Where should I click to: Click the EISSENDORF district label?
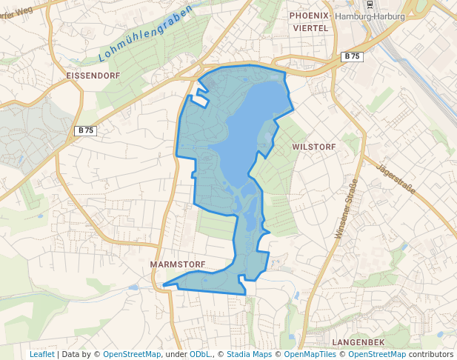93,76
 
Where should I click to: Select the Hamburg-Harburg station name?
370,16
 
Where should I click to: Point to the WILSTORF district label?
314,147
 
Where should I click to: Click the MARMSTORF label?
176,264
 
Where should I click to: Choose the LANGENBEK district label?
358,341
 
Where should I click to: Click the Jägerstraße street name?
397,179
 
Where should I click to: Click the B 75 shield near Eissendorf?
86,130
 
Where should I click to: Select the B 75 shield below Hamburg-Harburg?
351,57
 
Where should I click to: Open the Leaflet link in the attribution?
41,354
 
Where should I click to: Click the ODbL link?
200,354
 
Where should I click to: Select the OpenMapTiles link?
310,354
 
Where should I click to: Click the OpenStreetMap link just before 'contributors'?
377,354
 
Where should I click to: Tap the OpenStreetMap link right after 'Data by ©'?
132,354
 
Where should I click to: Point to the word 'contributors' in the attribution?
431,354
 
